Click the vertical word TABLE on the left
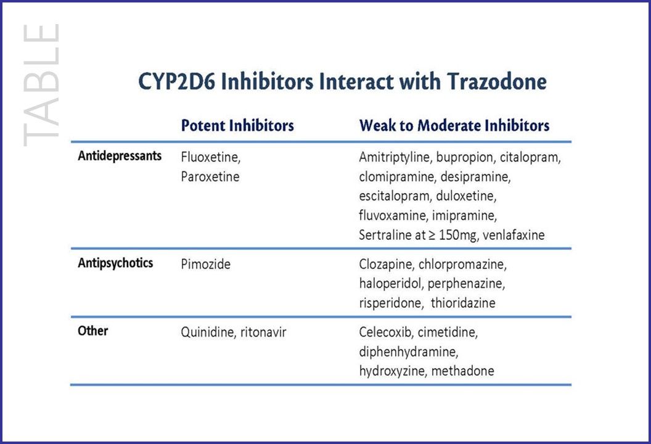42,85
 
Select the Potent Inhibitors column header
237,126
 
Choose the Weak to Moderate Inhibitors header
454,126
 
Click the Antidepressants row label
120,156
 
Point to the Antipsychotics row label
115,263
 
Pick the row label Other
93,331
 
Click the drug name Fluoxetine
210,157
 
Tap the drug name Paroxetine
210,176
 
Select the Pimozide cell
206,265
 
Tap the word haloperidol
388,284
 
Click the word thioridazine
463,303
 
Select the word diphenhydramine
408,352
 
